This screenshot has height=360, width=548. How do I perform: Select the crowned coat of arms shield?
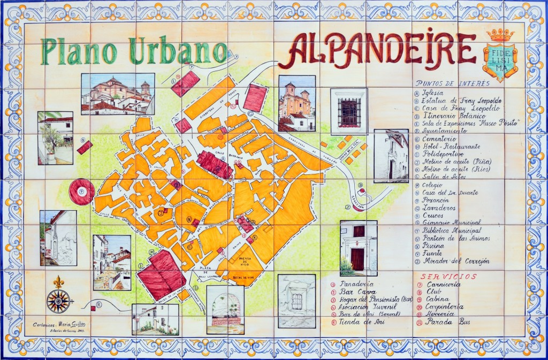[500, 56]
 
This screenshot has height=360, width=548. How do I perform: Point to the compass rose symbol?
[58, 301]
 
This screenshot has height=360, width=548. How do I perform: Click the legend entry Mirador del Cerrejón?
[455, 261]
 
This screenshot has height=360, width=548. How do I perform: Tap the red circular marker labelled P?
[81, 191]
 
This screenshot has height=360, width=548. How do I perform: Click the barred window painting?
[348, 112]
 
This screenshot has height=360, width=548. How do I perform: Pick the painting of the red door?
[358, 248]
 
